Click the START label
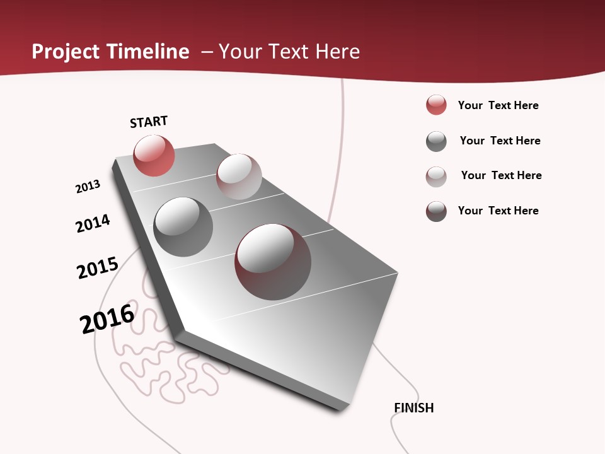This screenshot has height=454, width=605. (x=149, y=122)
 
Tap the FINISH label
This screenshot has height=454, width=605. (x=413, y=408)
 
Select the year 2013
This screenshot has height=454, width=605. (x=88, y=187)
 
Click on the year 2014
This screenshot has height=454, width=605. (x=93, y=223)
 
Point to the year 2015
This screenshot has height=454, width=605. (x=97, y=268)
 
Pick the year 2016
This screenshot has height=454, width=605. (x=107, y=318)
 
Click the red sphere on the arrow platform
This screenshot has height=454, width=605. (x=154, y=156)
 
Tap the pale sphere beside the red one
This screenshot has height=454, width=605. (x=239, y=177)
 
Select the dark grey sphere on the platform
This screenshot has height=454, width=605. (x=183, y=227)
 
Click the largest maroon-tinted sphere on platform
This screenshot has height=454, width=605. (x=273, y=262)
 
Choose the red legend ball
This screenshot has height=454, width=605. (x=436, y=105)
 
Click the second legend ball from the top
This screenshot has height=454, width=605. (x=436, y=141)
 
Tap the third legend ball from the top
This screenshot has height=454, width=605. (x=436, y=177)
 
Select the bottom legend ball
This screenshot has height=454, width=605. (x=436, y=211)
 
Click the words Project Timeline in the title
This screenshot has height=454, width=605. (x=110, y=52)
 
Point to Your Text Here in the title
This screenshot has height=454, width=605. (x=289, y=52)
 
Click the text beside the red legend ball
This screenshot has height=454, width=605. (x=498, y=105)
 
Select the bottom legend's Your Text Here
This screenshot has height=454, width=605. (x=498, y=211)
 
